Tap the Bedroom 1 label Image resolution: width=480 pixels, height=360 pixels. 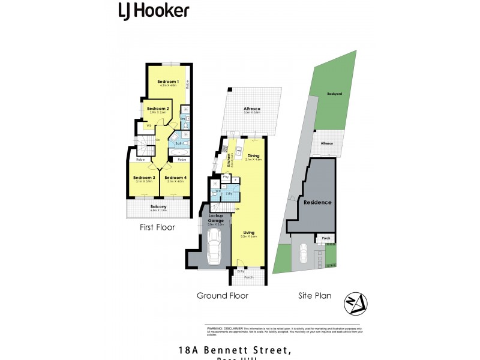pos(168,82)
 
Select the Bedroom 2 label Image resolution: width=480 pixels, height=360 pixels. pos(159,109)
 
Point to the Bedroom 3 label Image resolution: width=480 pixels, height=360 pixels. pos(145,178)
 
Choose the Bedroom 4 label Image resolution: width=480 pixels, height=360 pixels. pos(176,178)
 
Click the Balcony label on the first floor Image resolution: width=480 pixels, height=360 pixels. pos(158,207)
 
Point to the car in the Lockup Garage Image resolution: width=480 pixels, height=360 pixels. pos(214,248)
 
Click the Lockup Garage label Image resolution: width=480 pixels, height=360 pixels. pos(216,218)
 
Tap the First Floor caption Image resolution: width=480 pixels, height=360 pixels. pos(157,227)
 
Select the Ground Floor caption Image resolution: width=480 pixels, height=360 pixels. pos(223,295)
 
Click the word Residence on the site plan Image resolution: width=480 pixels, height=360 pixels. pos(317,202)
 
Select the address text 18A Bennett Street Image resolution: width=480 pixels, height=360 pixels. pos(235,349)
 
